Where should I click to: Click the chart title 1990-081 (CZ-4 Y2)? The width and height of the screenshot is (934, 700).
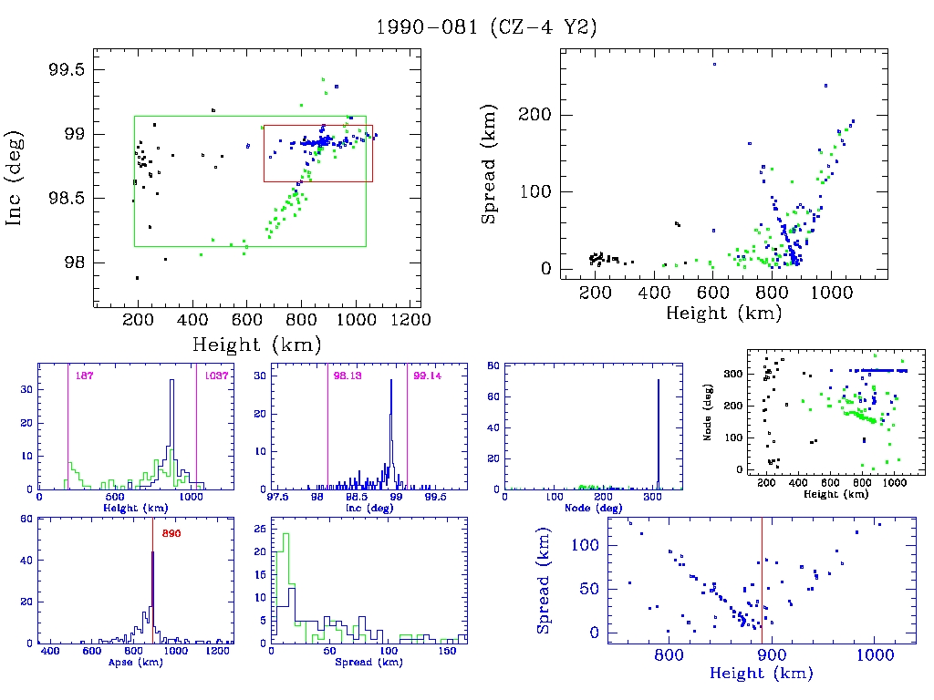[x=487, y=28]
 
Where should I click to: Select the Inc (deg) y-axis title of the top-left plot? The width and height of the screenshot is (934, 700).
[x=16, y=195]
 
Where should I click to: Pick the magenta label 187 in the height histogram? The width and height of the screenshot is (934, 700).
[x=85, y=376]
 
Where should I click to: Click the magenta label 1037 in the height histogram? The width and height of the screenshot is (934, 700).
[x=217, y=376]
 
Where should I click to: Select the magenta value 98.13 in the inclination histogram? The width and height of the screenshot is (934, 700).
[x=348, y=376]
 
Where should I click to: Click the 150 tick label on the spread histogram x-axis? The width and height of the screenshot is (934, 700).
[x=448, y=653]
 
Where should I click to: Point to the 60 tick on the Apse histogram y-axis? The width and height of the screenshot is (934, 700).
[x=27, y=519]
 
